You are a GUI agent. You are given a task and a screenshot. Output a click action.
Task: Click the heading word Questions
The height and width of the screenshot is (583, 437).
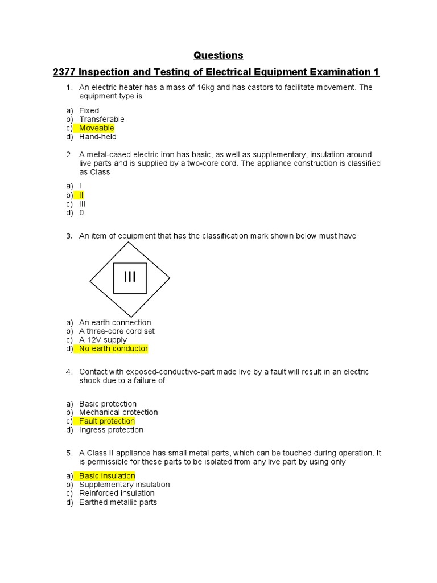pos(218,55)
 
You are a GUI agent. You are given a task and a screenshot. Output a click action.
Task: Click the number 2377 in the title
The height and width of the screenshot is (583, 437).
pos(64,72)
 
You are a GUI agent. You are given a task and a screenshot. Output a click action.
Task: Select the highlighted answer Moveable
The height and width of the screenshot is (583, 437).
pos(96,128)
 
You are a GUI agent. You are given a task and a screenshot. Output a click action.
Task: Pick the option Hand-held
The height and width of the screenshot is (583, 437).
pos(97,137)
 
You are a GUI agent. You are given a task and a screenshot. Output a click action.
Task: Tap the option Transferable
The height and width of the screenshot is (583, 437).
pos(101,120)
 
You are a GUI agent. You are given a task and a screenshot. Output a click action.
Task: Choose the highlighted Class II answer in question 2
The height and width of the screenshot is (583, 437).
pos(81,195)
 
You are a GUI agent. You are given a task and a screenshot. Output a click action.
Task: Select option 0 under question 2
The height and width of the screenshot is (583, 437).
pos(81,212)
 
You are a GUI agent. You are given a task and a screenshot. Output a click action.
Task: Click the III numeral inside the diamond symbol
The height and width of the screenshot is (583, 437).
pos(130,277)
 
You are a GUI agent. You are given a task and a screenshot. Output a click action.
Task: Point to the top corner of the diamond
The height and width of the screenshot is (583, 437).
pos(130,242)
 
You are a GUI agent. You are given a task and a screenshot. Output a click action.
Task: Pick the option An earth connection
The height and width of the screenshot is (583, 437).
pos(115,322)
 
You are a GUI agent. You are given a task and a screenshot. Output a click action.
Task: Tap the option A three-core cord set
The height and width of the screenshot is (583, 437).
pos(117,331)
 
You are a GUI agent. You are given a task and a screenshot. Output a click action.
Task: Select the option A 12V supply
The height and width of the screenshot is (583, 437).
pos(103,340)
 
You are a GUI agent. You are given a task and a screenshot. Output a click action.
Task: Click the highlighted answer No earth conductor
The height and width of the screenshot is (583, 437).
pos(113,348)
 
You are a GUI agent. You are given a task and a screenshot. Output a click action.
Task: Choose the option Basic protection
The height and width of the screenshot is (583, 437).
pos(108,404)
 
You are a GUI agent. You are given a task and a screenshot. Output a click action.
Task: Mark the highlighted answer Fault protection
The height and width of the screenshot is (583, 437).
pos(107,421)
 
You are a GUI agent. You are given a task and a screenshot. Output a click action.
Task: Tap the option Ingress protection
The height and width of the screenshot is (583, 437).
pos(111,430)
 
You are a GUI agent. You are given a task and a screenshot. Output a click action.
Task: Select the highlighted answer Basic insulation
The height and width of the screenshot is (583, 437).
pos(107,476)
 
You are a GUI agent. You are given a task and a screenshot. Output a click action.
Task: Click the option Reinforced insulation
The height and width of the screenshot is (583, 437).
pos(117,493)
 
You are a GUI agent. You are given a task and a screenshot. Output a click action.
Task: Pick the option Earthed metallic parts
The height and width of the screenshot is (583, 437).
pos(118,502)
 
